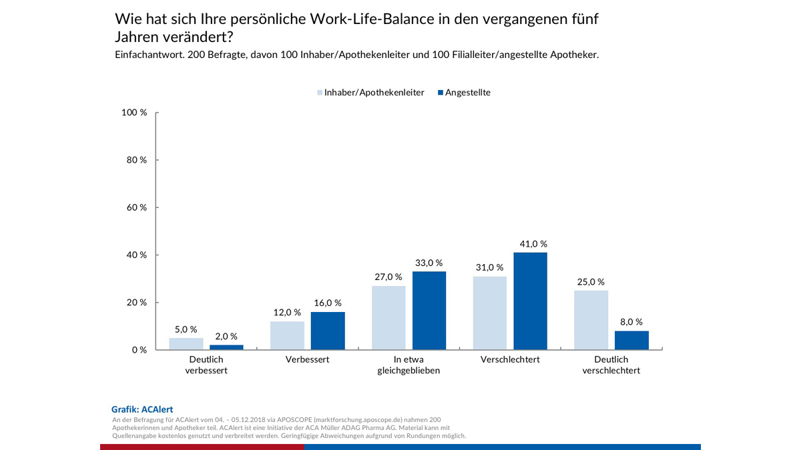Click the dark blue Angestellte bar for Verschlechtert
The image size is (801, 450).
[x=530, y=301]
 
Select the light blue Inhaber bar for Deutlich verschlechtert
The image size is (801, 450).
[x=591, y=320]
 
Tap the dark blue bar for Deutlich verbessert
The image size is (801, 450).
[x=226, y=347]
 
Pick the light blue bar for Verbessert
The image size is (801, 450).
[x=287, y=335]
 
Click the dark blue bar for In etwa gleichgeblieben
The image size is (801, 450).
[x=429, y=310]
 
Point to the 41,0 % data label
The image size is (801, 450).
[x=530, y=244]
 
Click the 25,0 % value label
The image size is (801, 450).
[x=591, y=281]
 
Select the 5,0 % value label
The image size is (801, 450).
[x=186, y=329]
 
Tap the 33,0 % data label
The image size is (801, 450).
[x=429, y=263]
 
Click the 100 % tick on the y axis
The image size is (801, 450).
[x=134, y=113]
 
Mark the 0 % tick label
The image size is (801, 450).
[x=139, y=350]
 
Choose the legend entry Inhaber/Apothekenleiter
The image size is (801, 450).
[x=370, y=93]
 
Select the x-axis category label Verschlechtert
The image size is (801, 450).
[x=510, y=359]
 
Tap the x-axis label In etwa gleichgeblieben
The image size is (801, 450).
[x=409, y=365]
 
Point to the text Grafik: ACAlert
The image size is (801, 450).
[x=142, y=409]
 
